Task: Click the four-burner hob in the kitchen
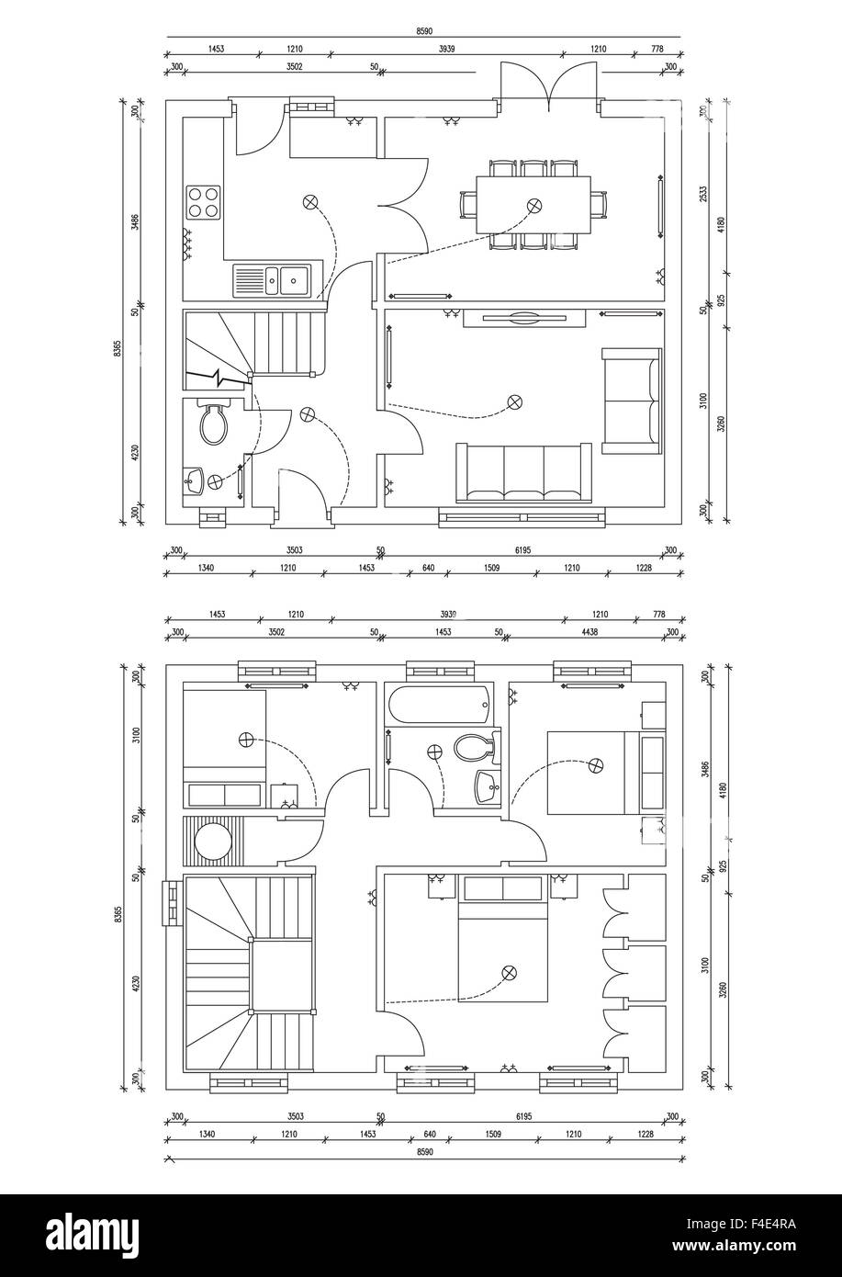[204, 201]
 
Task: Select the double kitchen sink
[273, 279]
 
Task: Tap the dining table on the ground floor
[533, 205]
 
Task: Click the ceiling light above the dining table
[533, 204]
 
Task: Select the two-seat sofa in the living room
[632, 401]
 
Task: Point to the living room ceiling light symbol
[514, 401]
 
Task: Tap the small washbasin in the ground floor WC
[194, 480]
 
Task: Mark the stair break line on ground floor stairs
[217, 377]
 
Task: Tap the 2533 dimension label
[702, 194]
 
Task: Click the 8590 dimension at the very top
[424, 31]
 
